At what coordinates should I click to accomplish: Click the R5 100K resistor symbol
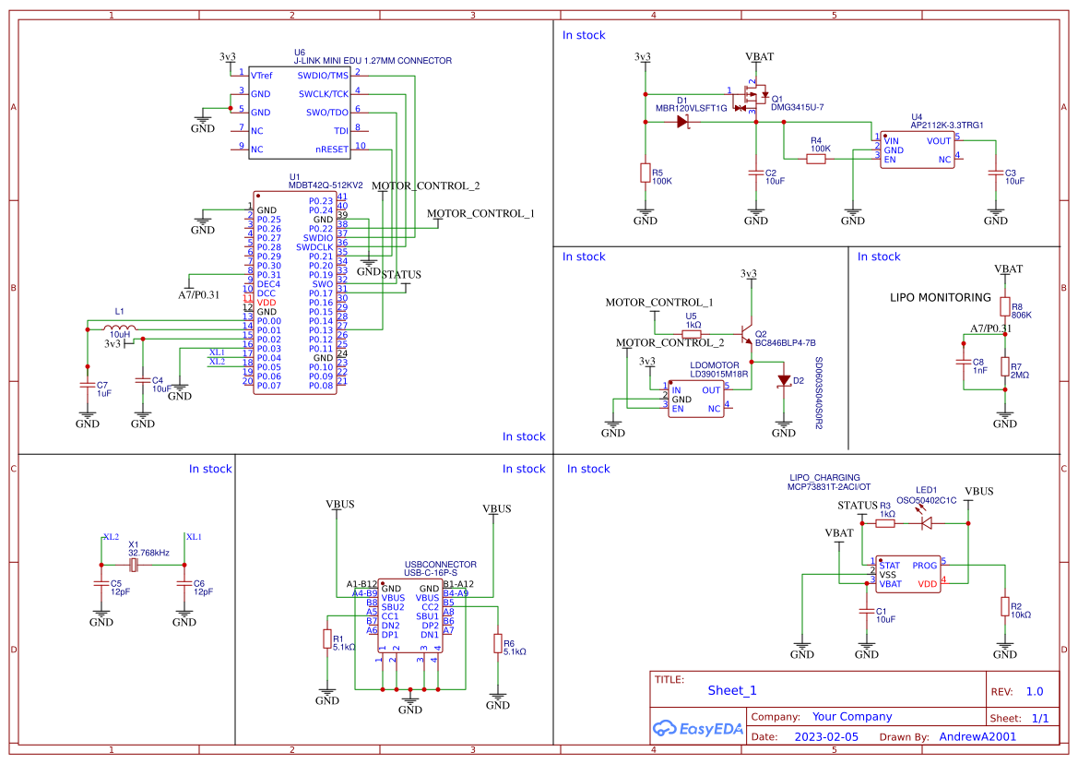pyautogui.click(x=645, y=174)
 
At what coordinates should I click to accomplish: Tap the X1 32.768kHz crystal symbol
pyautogui.click(x=135, y=564)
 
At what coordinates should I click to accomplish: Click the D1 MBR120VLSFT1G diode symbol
pyautogui.click(x=683, y=121)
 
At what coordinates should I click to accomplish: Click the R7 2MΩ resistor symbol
pyautogui.click(x=1005, y=369)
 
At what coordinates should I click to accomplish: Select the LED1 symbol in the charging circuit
pyautogui.click(x=927, y=523)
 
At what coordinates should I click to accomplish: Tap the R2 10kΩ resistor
pyautogui.click(x=1005, y=607)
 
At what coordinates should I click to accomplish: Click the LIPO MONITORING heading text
pyautogui.click(x=940, y=298)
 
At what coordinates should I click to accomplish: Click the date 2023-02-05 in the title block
pyautogui.click(x=825, y=737)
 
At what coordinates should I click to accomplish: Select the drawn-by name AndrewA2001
pyautogui.click(x=977, y=737)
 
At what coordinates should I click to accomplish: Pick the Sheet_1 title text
pyautogui.click(x=731, y=690)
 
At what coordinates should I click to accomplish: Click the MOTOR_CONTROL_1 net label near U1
pyautogui.click(x=480, y=214)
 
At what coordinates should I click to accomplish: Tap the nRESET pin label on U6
pyautogui.click(x=332, y=149)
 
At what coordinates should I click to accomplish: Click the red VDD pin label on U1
pyautogui.click(x=267, y=303)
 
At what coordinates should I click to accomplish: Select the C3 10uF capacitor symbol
pyautogui.click(x=996, y=173)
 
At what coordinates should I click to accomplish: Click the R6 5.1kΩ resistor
pyautogui.click(x=498, y=644)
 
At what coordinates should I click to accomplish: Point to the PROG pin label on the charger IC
pyautogui.click(x=924, y=565)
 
